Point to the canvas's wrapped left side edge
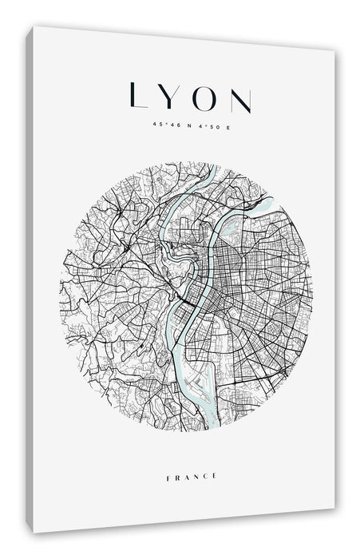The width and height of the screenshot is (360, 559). pyautogui.click(x=30, y=279)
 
